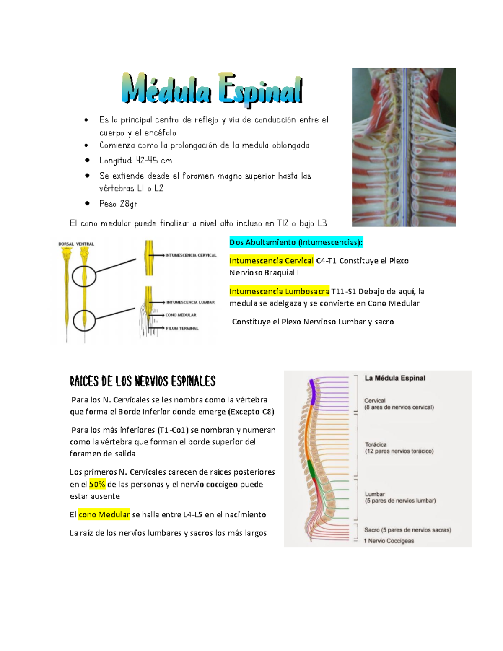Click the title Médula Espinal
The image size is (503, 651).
tap(212, 89)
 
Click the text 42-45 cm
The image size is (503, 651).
tap(154, 161)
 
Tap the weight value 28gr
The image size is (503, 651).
tap(128, 204)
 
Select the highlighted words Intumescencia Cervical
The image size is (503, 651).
tap(271, 261)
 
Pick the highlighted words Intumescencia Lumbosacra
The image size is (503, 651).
tap(279, 291)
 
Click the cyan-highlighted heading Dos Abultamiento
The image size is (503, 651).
tap(296, 242)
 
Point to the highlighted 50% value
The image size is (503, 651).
tap(97, 484)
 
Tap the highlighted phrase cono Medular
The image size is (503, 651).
tap(104, 514)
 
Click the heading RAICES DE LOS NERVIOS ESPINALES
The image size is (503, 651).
tap(143, 381)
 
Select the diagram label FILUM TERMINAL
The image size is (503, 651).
tap(182, 328)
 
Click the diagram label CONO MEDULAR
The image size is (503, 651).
tap(181, 315)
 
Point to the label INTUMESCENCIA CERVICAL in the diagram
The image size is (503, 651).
tap(191, 255)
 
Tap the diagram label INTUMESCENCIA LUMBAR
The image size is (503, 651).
tap(190, 302)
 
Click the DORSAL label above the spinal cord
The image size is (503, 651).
tap(66, 244)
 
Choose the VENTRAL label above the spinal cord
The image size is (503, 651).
tap(85, 244)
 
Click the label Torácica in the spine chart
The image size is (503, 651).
tap(376, 444)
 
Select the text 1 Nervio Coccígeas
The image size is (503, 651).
tap(389, 541)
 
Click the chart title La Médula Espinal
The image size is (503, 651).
tap(395, 378)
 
